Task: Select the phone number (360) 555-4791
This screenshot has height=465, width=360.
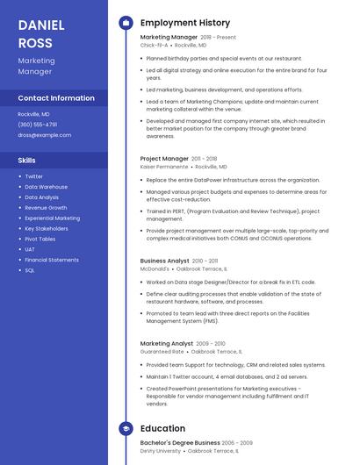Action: [x=37, y=125]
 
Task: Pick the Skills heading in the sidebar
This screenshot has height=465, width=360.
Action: [x=26, y=161]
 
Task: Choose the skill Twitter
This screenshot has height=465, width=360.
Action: [x=33, y=176]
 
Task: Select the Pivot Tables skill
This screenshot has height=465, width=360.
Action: [x=40, y=239]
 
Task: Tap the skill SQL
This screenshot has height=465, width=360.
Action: [x=29, y=270]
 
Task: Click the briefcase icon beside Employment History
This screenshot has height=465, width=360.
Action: [x=126, y=22]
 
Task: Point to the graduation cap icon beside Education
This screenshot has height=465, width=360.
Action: [x=126, y=428]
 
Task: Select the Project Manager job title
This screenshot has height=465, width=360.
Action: [x=164, y=159]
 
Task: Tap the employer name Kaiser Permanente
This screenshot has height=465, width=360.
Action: [x=164, y=166]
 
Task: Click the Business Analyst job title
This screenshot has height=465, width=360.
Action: [x=164, y=261]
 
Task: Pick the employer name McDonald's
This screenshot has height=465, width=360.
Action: [x=155, y=268]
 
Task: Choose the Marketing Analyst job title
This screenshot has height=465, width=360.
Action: [x=167, y=343]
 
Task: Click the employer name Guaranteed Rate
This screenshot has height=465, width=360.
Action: [x=162, y=351]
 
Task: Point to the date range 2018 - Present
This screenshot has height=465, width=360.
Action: [x=218, y=38]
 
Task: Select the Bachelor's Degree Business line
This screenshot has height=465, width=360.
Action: [x=180, y=443]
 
